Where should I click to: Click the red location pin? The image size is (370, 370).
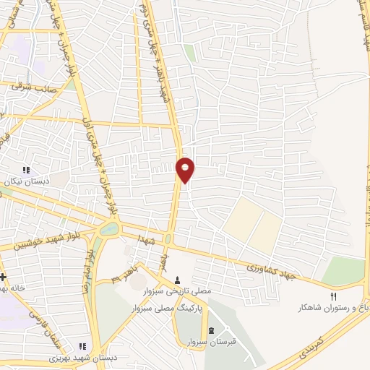(186, 170)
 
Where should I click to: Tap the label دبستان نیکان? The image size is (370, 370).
(27, 181)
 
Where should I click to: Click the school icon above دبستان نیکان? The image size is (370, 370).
(27, 170)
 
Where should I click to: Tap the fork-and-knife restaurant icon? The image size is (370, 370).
(333, 296)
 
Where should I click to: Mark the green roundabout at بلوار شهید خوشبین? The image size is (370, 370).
(109, 230)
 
